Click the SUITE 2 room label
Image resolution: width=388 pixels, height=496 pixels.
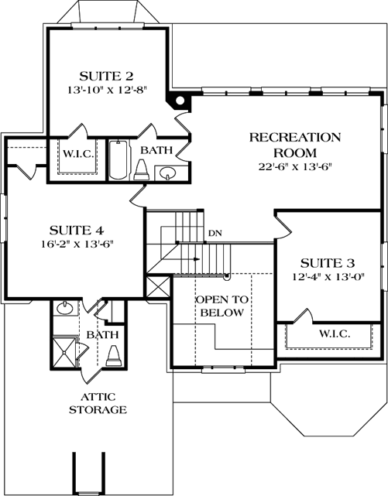(x=107, y=75)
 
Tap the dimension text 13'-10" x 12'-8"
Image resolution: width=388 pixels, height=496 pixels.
(x=107, y=90)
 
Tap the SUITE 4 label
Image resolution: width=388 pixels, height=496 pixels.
(x=76, y=230)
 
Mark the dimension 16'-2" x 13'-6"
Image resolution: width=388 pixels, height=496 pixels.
(x=76, y=245)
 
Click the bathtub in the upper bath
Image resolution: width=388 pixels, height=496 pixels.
(x=118, y=159)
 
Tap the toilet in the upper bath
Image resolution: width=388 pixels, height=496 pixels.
(x=142, y=170)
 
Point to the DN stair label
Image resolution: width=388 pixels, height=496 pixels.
(x=215, y=233)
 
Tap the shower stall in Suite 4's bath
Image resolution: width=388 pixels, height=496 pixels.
(x=66, y=350)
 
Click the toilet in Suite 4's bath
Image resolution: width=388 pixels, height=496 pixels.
(x=113, y=355)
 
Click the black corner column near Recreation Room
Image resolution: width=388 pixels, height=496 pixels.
(x=180, y=99)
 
